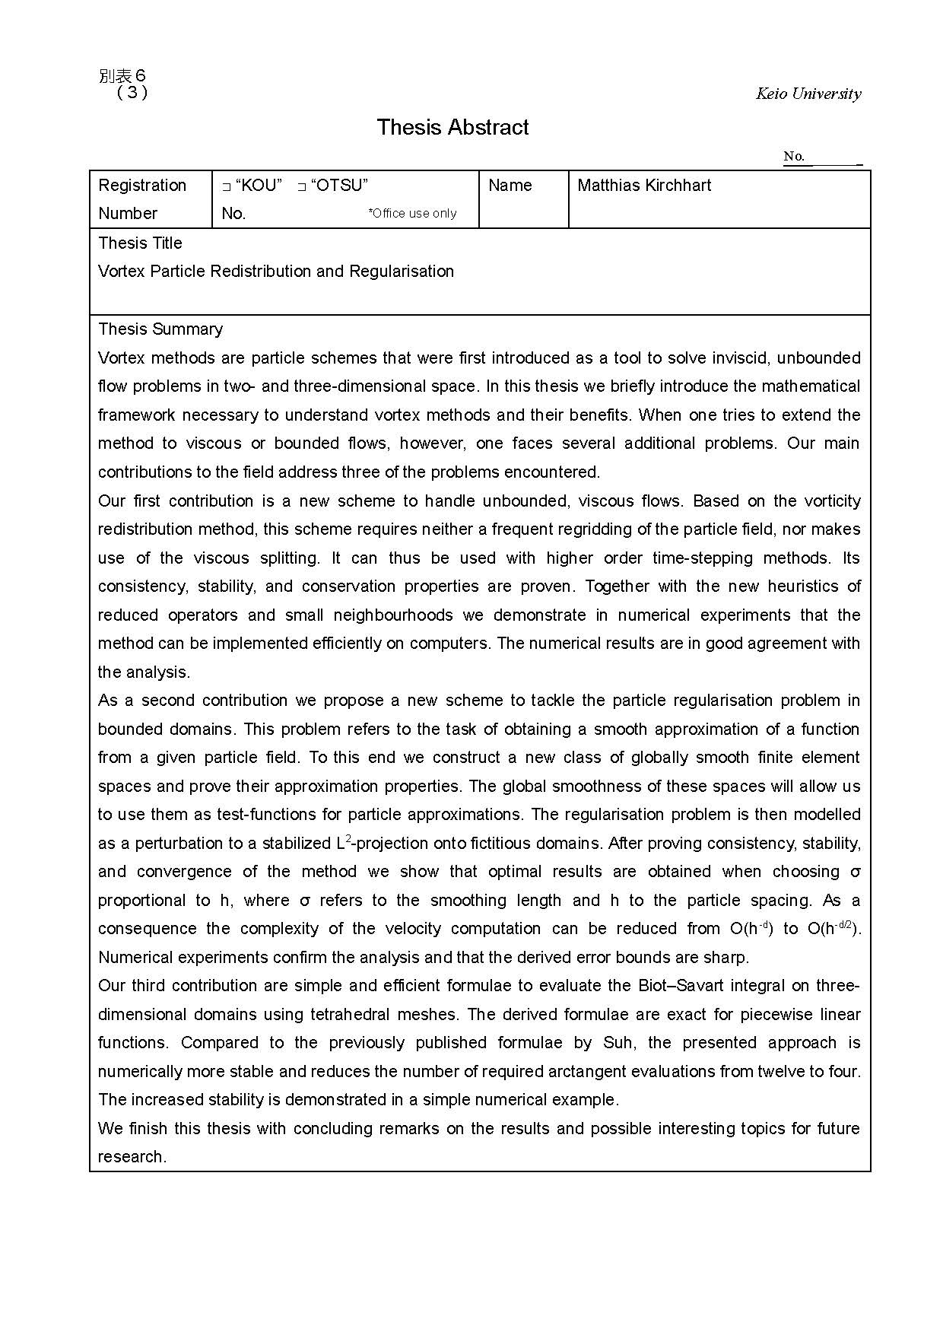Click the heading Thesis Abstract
452,127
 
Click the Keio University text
808,94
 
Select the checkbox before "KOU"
226,186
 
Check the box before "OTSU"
302,186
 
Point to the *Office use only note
412,214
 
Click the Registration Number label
142,199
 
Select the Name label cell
510,186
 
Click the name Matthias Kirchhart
644,186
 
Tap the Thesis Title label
141,243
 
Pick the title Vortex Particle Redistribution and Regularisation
276,272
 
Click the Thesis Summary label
160,329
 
